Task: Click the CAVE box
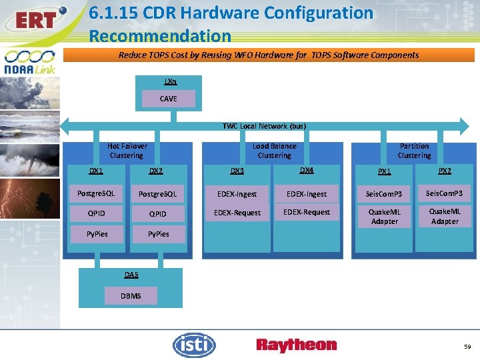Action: point(169,99)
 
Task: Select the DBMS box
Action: point(131,296)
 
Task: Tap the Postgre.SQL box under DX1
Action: point(96,194)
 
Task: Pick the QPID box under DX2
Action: point(157,214)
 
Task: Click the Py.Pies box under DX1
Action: point(96,234)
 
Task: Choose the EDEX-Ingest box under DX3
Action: point(237,194)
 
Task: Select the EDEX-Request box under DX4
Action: point(307,212)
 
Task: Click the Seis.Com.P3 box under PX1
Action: point(384,194)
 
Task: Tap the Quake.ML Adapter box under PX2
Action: point(445,217)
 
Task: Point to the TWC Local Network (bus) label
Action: point(265,126)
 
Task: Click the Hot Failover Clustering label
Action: point(127,151)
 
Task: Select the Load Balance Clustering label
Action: point(274,151)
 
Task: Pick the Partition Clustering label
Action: point(414,151)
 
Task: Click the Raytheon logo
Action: point(297,345)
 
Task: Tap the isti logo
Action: point(194,345)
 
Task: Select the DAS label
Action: point(131,275)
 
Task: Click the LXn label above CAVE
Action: point(170,81)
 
